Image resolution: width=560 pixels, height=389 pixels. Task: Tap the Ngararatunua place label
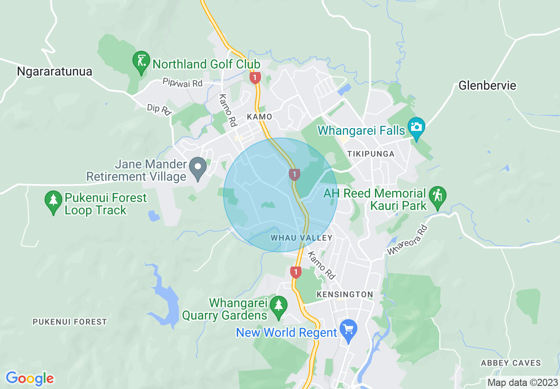click(x=54, y=72)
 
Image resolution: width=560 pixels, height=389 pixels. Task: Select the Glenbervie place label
click(x=487, y=85)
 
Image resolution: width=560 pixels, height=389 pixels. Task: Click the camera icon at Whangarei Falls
click(x=416, y=126)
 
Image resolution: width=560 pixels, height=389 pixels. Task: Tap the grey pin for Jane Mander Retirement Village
click(x=198, y=168)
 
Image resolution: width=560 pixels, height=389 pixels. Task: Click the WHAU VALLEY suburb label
click(x=301, y=238)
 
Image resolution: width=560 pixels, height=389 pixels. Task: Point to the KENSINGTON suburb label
click(x=345, y=294)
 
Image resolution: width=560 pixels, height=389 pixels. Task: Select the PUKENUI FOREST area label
click(x=70, y=322)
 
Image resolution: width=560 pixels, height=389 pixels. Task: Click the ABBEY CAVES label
click(x=511, y=363)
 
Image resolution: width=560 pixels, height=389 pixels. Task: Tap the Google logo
click(x=30, y=378)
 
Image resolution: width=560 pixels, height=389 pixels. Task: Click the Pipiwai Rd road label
click(x=182, y=83)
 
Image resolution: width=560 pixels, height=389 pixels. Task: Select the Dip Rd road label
click(x=159, y=110)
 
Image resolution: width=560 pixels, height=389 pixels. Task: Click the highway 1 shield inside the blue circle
click(x=294, y=174)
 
